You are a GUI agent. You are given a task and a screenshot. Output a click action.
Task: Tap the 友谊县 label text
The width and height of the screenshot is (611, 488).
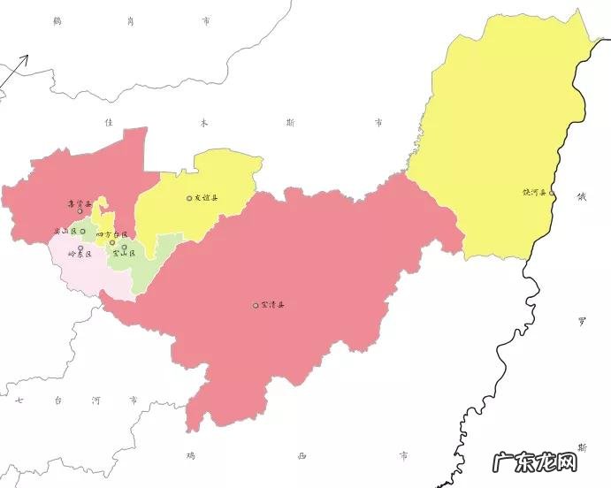pyautogui.click(x=206, y=198)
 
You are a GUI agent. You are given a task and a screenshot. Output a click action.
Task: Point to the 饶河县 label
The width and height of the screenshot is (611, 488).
pyautogui.click(x=534, y=192)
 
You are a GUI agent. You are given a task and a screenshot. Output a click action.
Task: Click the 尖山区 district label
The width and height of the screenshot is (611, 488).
pyautogui.click(x=65, y=232)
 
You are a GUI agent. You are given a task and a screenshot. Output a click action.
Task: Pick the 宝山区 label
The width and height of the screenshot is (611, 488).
pyautogui.click(x=124, y=254)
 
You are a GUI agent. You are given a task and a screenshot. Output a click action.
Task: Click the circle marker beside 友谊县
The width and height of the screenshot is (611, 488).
pyautogui.click(x=189, y=198)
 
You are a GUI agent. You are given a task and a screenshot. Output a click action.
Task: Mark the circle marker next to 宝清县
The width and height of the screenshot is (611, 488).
pyautogui.click(x=256, y=306)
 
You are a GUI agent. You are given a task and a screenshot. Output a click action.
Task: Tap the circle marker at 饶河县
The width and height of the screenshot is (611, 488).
pyautogui.click(x=552, y=192)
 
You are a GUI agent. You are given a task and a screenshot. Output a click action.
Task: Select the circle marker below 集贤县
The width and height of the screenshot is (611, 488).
pyautogui.click(x=80, y=212)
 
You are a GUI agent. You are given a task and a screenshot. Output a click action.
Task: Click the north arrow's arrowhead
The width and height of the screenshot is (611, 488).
pyautogui.click(x=26, y=58)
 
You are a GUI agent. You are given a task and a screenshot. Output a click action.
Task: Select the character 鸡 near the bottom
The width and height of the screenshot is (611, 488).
pyautogui.click(x=190, y=455)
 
